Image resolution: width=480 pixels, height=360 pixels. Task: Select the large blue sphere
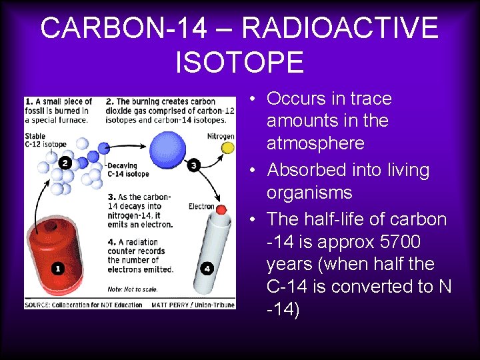[164, 147]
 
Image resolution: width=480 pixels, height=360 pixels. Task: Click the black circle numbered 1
[58, 268]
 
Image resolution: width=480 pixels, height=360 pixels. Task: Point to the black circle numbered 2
[65, 163]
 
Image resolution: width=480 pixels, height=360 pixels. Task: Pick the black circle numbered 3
[194, 165]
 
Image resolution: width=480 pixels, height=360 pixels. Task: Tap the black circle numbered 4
[207, 269]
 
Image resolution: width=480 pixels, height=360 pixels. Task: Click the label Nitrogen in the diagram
[221, 136]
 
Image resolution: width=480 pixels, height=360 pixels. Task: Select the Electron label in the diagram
[201, 207]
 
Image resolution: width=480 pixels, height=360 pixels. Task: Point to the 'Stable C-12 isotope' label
[45, 140]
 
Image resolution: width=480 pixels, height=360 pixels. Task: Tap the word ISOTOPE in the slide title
[239, 62]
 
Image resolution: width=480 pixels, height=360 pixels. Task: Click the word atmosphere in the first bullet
[315, 143]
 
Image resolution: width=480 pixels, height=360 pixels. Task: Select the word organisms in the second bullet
[309, 193]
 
